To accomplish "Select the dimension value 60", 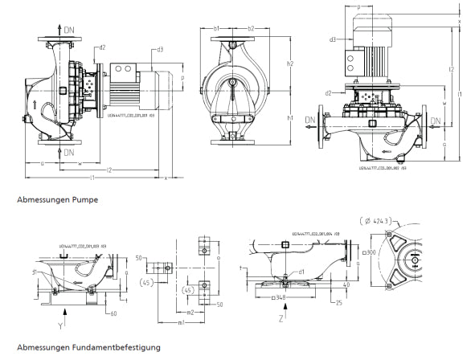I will pyautogui.click(x=115, y=313).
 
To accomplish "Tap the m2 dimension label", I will pyautogui.click(x=190, y=312).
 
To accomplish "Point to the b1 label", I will pyautogui.click(x=217, y=29).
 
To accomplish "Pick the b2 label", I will pyautogui.click(x=251, y=29).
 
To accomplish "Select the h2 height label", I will pyautogui.click(x=290, y=63).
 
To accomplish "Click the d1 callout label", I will pyautogui.click(x=301, y=271).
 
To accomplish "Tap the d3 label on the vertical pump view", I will pyautogui.click(x=333, y=39).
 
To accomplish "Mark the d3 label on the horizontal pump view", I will pyautogui.click(x=160, y=50).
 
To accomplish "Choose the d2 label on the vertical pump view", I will pyautogui.click(x=330, y=92).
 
